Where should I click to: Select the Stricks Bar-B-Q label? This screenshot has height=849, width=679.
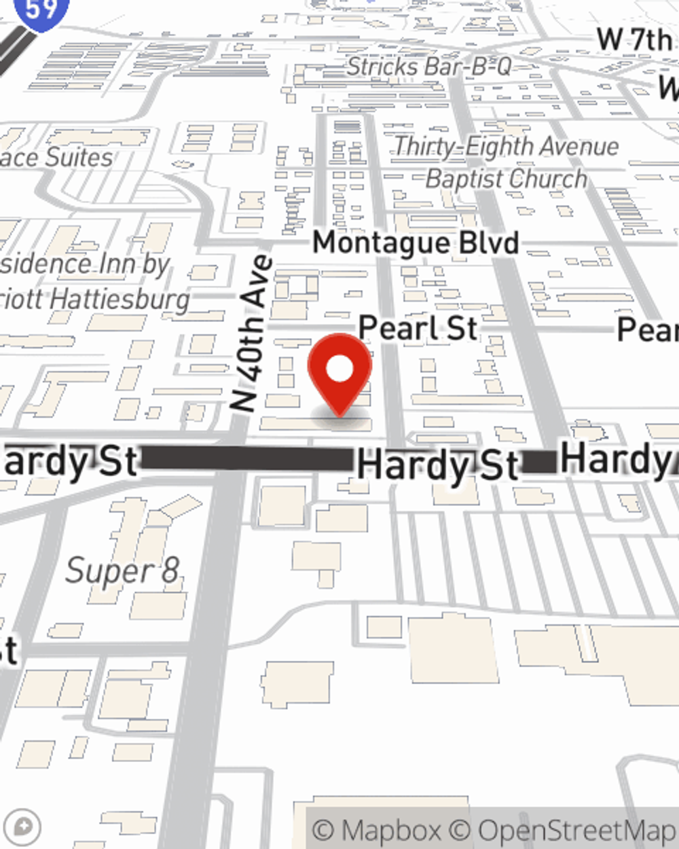tap(428, 67)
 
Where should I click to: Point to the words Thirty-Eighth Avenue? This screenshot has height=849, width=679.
tap(506, 146)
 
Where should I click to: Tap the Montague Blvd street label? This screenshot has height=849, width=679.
tap(416, 243)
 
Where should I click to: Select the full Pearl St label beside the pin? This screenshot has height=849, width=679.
tap(418, 328)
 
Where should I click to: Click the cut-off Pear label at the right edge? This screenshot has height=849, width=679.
tap(647, 330)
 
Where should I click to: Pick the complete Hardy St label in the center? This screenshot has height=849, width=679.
tap(437, 465)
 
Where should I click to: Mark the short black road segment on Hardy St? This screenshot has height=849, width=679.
tap(539, 461)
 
